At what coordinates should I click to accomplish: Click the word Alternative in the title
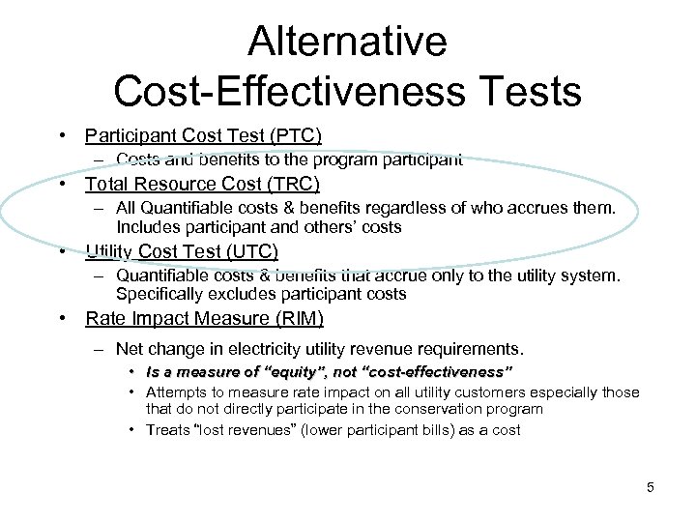347,42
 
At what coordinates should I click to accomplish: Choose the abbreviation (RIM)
296,319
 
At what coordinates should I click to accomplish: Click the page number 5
651,487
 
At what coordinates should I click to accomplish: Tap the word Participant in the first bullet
129,135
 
